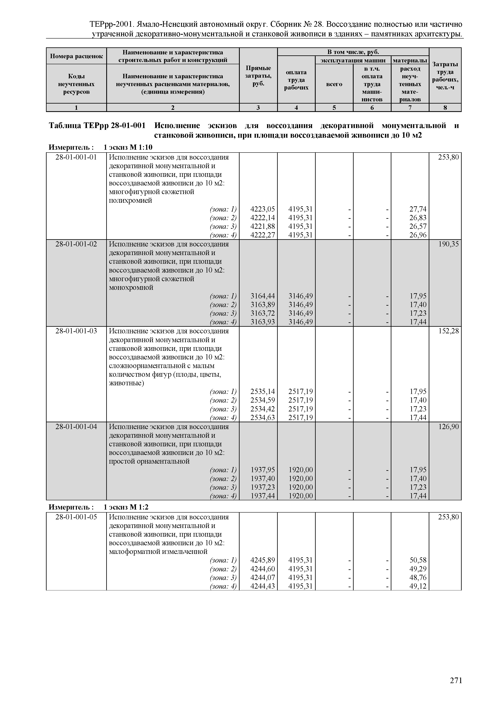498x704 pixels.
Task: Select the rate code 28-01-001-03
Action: click(76, 331)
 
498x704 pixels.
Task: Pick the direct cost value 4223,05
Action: click(263, 209)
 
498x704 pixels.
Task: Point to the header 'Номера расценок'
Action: click(76, 56)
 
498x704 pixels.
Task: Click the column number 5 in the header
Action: click(334, 108)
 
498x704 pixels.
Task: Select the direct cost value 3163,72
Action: click(263, 313)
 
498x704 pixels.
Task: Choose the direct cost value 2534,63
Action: click(263, 417)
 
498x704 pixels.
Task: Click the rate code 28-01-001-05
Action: click(76, 517)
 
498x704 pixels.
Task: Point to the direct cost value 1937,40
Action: click(263, 479)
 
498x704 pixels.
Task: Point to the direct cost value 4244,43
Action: click(263, 586)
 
